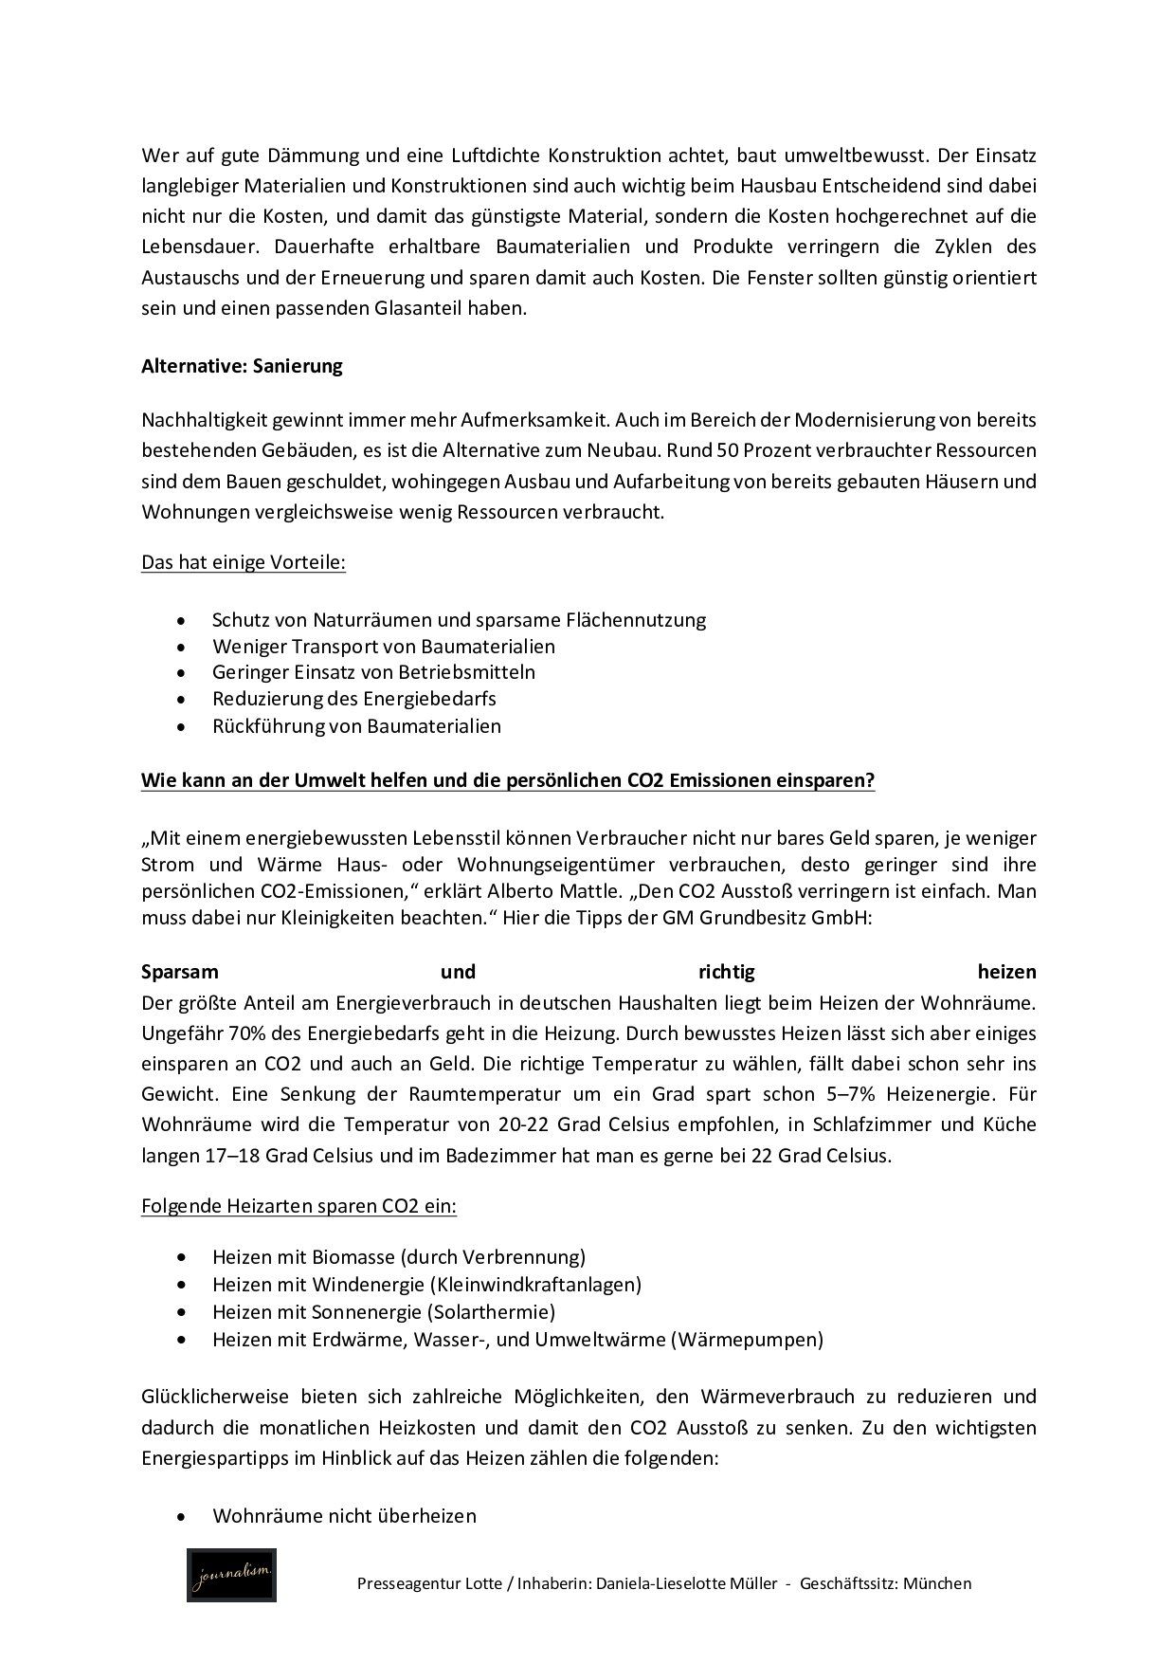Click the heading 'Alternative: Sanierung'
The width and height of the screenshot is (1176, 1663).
point(242,367)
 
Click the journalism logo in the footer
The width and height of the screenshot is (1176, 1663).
point(231,1576)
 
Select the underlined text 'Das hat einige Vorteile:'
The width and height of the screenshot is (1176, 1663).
point(244,563)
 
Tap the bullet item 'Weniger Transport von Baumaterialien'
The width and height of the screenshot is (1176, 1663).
point(383,647)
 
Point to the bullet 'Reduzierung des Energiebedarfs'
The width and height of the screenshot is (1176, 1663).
point(353,699)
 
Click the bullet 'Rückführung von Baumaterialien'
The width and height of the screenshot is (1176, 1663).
point(356,726)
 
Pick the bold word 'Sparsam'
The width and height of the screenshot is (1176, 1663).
point(180,973)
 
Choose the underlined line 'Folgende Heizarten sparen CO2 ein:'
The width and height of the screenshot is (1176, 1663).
point(299,1207)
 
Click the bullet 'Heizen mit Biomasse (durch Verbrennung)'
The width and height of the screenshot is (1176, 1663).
point(398,1257)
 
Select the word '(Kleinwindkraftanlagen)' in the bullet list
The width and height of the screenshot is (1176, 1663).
point(534,1285)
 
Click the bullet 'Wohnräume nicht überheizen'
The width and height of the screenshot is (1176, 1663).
point(344,1516)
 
